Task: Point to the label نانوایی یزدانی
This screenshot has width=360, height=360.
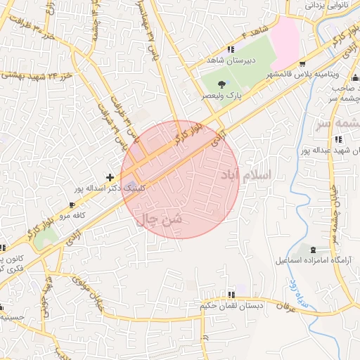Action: (x=327, y=5)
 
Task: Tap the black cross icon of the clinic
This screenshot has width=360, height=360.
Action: (x=109, y=176)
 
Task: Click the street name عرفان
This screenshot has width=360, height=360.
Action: (x=283, y=307)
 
